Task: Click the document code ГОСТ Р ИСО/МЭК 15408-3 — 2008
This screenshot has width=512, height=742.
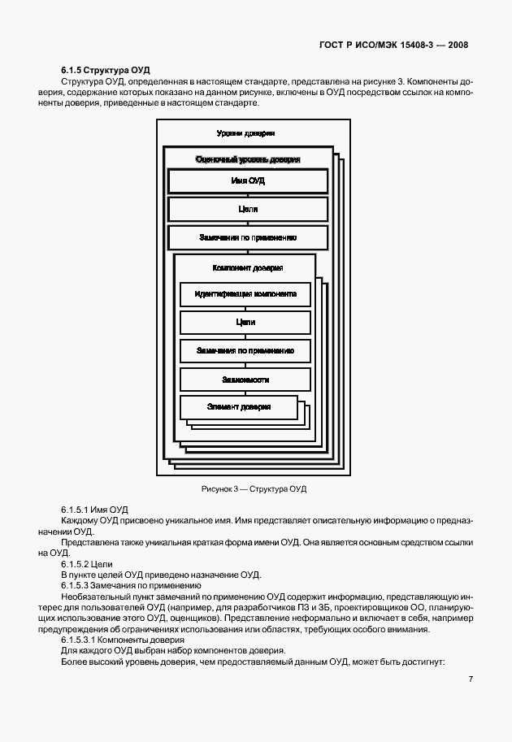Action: click(393, 45)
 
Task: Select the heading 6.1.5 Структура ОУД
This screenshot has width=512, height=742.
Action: click(105, 71)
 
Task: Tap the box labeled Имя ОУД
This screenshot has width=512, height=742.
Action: click(248, 180)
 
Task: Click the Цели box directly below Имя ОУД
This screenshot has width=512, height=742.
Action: click(248, 209)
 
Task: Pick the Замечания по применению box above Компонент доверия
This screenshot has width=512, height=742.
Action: click(248, 237)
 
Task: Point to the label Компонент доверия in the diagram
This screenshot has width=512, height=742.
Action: click(248, 268)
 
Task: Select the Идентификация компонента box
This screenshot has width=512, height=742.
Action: click(245, 294)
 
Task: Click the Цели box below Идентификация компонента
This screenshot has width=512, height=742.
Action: click(245, 323)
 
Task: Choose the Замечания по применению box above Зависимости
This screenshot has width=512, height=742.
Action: click(245, 351)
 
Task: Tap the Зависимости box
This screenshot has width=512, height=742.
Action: click(245, 380)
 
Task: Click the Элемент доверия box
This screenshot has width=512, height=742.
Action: click(239, 407)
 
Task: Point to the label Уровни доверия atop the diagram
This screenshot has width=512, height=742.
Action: click(245, 133)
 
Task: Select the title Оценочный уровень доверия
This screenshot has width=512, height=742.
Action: click(248, 159)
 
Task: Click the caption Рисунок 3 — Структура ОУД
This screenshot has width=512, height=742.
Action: click(254, 488)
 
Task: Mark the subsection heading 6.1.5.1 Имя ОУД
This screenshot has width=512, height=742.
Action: click(94, 510)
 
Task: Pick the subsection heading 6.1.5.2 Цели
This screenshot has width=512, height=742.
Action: click(87, 564)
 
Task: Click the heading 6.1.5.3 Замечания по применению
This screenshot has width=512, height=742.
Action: click(131, 586)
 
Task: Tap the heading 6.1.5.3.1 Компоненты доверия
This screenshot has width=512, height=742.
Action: click(123, 640)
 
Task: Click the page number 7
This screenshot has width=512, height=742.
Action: click(471, 679)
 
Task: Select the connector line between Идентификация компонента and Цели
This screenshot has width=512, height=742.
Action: click(245, 309)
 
